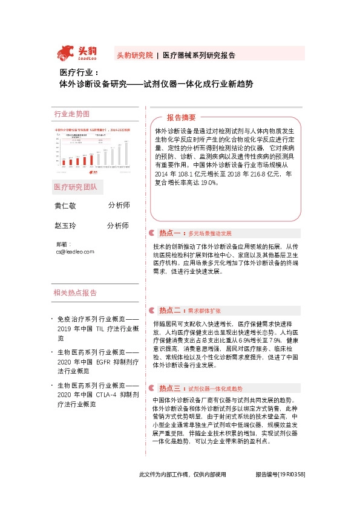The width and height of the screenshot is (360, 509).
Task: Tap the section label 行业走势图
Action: [71, 114]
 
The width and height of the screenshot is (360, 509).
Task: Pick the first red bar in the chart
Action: [62, 163]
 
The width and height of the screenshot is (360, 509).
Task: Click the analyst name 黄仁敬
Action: [65, 206]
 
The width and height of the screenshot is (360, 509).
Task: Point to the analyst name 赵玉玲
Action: [65, 225]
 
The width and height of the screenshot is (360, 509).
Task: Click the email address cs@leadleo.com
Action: [74, 251]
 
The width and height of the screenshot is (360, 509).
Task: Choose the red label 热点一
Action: [169, 233]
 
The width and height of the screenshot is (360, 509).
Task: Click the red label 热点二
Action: [169, 310]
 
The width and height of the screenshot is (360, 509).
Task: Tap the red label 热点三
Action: [169, 371]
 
